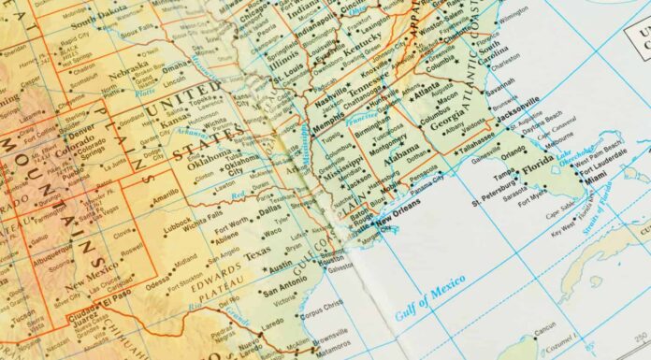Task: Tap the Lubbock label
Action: pyautogui.click(x=176, y=227)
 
